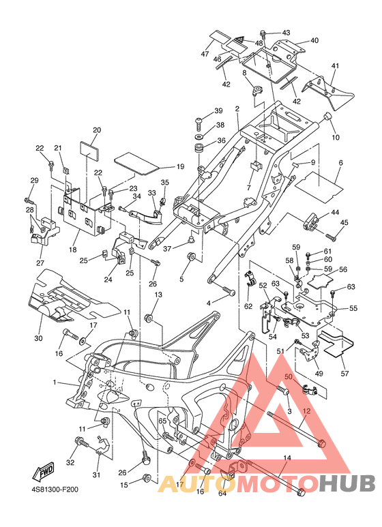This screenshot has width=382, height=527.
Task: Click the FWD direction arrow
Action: point(43,471)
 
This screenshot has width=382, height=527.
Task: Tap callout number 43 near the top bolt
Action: point(286,33)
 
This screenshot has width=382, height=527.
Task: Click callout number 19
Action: point(180,166)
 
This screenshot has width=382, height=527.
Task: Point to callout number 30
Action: point(39,338)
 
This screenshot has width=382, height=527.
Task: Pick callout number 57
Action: point(344,373)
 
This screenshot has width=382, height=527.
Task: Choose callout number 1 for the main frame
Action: point(55,382)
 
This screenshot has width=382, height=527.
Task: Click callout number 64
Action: point(222,493)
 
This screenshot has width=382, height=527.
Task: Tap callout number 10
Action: point(336,137)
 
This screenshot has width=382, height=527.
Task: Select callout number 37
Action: point(167,249)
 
